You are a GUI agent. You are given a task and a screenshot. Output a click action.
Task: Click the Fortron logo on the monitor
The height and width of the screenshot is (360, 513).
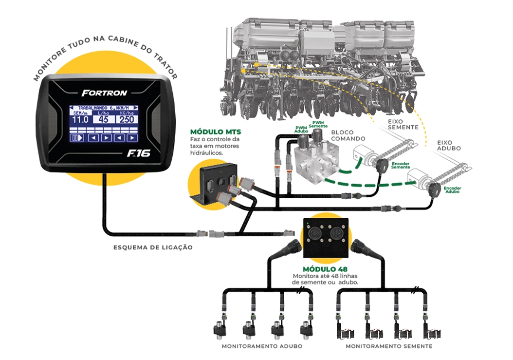(x=104, y=93)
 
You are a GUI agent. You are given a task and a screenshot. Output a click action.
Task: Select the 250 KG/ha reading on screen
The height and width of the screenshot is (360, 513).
(x=127, y=120)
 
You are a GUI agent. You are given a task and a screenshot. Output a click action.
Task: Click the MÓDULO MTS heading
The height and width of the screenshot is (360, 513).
(x=216, y=132)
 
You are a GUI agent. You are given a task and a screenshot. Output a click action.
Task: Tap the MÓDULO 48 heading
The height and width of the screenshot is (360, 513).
(x=325, y=269)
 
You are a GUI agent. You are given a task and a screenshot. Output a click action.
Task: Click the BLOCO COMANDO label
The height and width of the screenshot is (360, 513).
(x=348, y=135)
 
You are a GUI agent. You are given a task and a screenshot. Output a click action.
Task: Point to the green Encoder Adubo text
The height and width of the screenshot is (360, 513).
(x=453, y=189)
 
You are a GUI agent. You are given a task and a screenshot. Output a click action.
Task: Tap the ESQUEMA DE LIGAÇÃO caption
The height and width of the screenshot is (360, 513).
(x=153, y=247)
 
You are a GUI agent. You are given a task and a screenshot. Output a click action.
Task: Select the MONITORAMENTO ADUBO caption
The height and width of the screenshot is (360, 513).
(x=262, y=347)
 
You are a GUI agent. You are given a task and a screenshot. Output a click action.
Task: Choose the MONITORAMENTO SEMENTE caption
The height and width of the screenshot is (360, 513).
(x=389, y=347)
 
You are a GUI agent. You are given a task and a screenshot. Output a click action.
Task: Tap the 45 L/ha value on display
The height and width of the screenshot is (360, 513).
(x=103, y=120)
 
